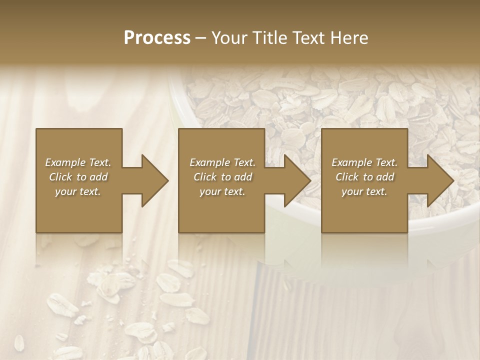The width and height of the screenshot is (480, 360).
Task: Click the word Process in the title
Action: [157, 38]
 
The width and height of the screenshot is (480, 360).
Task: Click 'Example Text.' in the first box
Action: [78, 162]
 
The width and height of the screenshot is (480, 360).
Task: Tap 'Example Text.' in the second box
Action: [222, 162]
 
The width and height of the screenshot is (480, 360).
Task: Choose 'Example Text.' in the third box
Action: [364, 162]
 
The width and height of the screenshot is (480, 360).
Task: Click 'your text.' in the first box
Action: [78, 191]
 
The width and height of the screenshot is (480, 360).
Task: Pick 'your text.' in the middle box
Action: [222, 191]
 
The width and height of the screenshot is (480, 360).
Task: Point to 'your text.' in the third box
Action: [364, 191]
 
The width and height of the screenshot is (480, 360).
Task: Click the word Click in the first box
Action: [60, 177]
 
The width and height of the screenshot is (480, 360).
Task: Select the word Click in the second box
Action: [205, 177]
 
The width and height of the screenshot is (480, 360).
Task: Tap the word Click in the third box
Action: [347, 177]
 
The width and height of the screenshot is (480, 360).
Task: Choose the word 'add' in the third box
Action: [385, 177]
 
